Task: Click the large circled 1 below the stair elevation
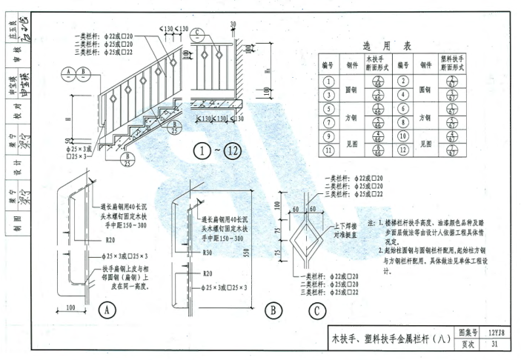202,152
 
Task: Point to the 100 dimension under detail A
71,307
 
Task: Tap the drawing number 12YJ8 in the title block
498,333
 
